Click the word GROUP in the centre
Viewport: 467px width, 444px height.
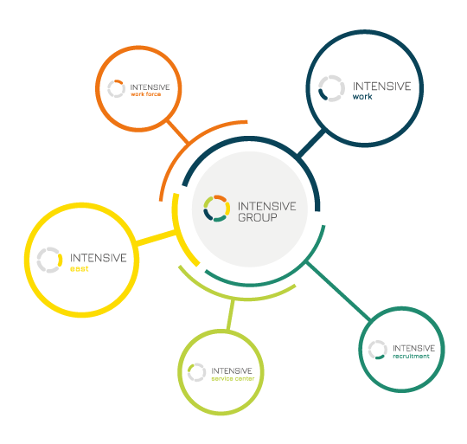pos(258,217)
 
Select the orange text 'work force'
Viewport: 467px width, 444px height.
pos(145,94)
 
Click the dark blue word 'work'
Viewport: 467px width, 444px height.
pos(362,97)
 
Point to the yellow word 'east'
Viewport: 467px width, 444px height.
pos(80,269)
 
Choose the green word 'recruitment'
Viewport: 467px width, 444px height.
pos(411,356)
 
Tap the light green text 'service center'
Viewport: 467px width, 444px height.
pos(233,378)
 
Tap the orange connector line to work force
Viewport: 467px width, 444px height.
pos(178,132)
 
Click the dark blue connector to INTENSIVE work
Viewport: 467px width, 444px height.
pos(311,143)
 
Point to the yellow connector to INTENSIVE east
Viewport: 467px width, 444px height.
pos(156,238)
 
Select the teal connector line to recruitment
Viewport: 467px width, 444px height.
pos(339,291)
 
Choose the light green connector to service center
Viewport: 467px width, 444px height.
pos(231,315)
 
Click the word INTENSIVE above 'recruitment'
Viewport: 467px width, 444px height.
pos(413,348)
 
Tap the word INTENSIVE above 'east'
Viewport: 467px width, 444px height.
pos(99,258)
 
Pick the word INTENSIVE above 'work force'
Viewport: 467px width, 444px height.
pos(150,87)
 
